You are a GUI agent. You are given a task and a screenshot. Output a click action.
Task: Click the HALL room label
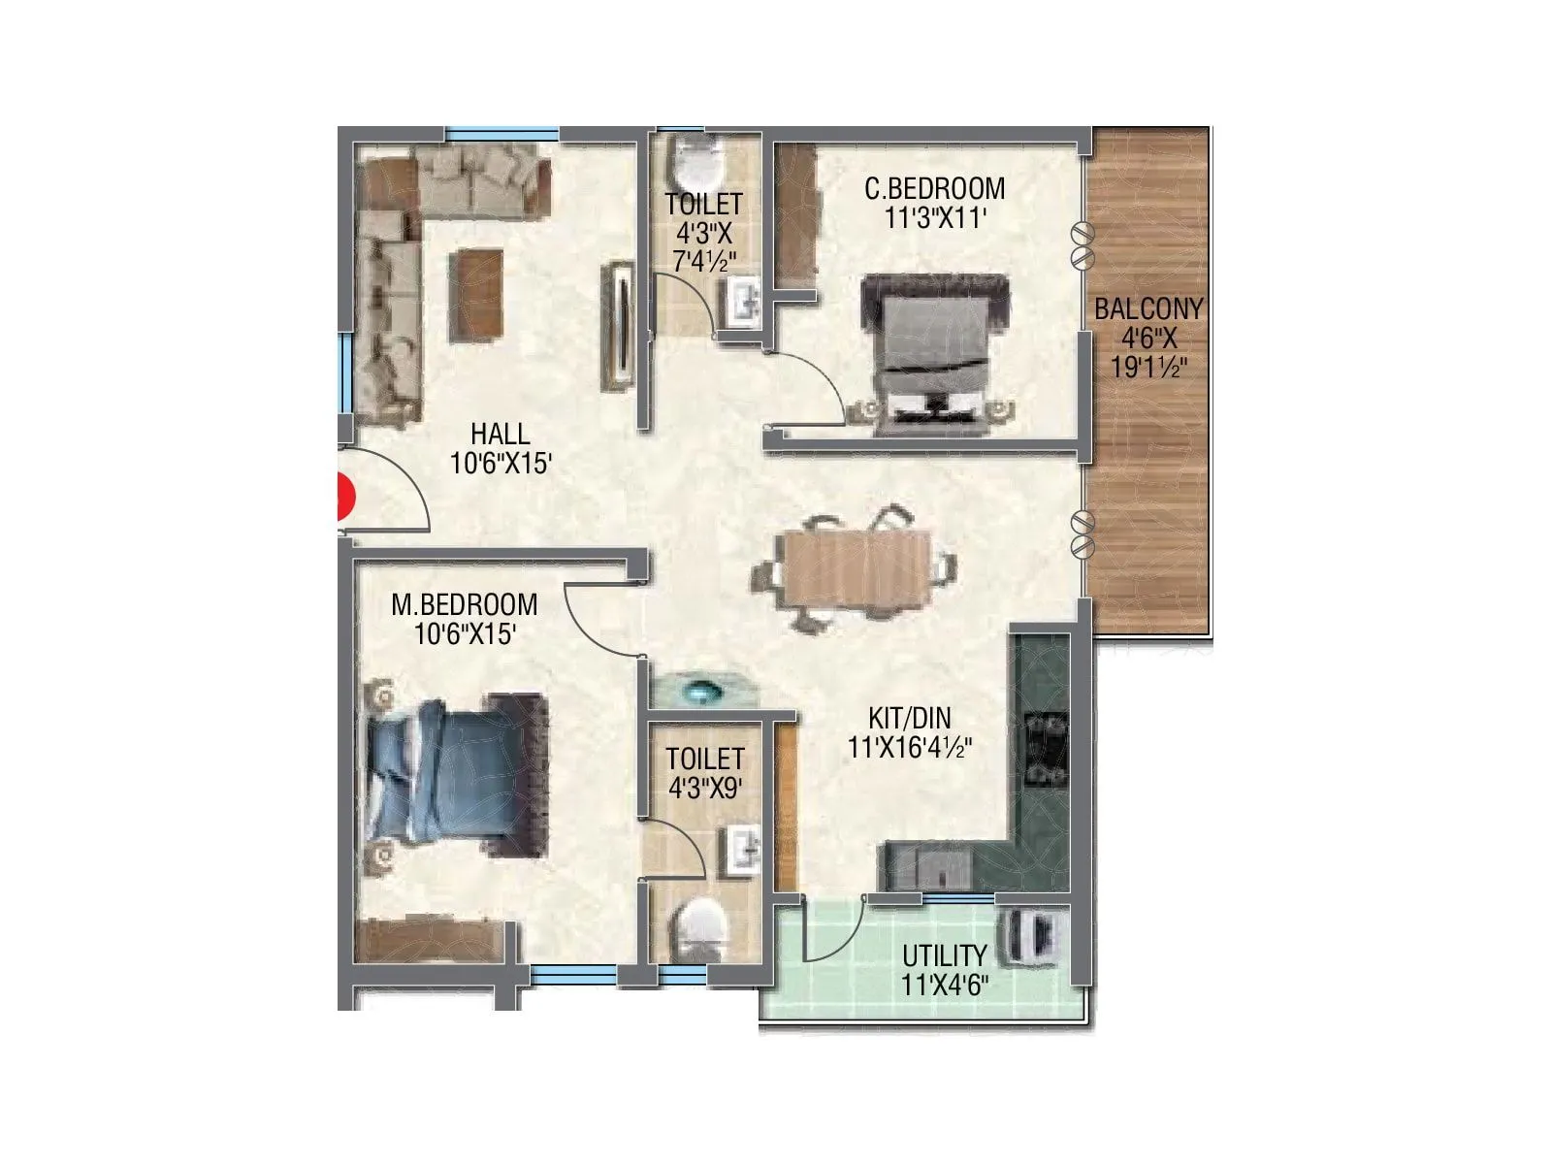click(501, 433)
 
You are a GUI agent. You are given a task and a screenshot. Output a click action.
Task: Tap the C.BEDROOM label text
click(934, 187)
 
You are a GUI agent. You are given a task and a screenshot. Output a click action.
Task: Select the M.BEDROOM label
click(464, 604)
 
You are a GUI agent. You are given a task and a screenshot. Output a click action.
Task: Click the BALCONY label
click(1148, 309)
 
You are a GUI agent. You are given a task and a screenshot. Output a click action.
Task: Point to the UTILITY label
click(944, 955)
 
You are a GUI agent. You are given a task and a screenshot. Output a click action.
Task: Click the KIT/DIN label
click(909, 719)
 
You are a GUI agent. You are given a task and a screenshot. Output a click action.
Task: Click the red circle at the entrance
click(343, 498)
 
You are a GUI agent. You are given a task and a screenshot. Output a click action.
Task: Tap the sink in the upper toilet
click(744, 299)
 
